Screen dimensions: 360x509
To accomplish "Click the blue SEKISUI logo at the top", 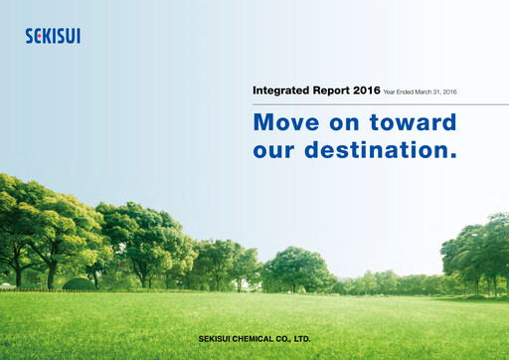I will click(x=53, y=36).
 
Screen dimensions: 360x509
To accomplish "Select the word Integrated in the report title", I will click(x=281, y=91).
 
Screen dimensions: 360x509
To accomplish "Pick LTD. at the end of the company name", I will click(x=305, y=339).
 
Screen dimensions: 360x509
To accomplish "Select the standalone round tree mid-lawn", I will click(x=298, y=269).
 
